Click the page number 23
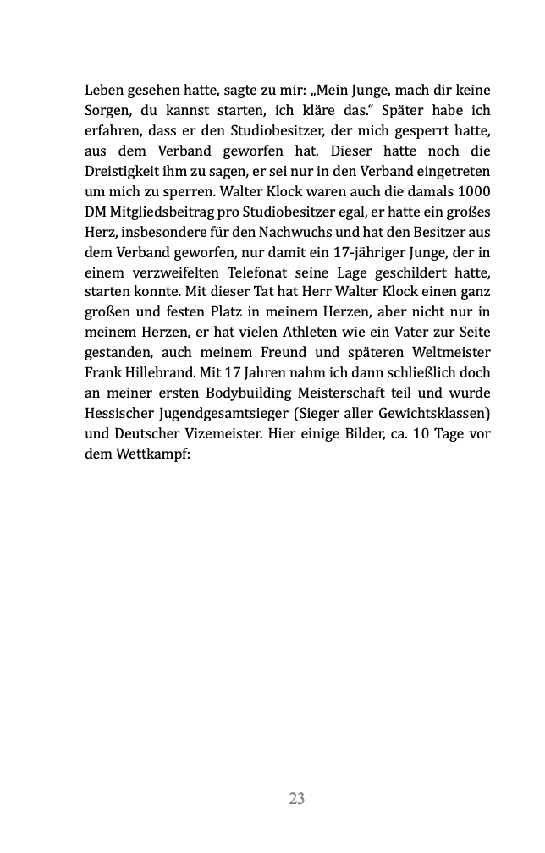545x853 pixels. click(296, 798)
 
